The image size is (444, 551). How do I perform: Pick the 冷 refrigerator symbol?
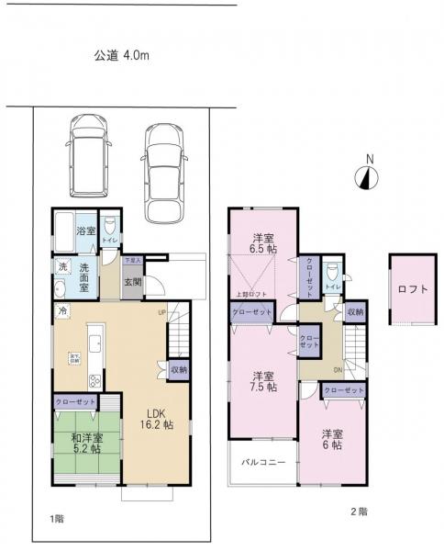61,311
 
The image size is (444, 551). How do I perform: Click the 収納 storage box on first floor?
179,370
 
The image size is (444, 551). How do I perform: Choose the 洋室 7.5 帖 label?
264,381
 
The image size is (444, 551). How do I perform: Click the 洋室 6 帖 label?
331,438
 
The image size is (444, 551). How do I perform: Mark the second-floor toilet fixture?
334,273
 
